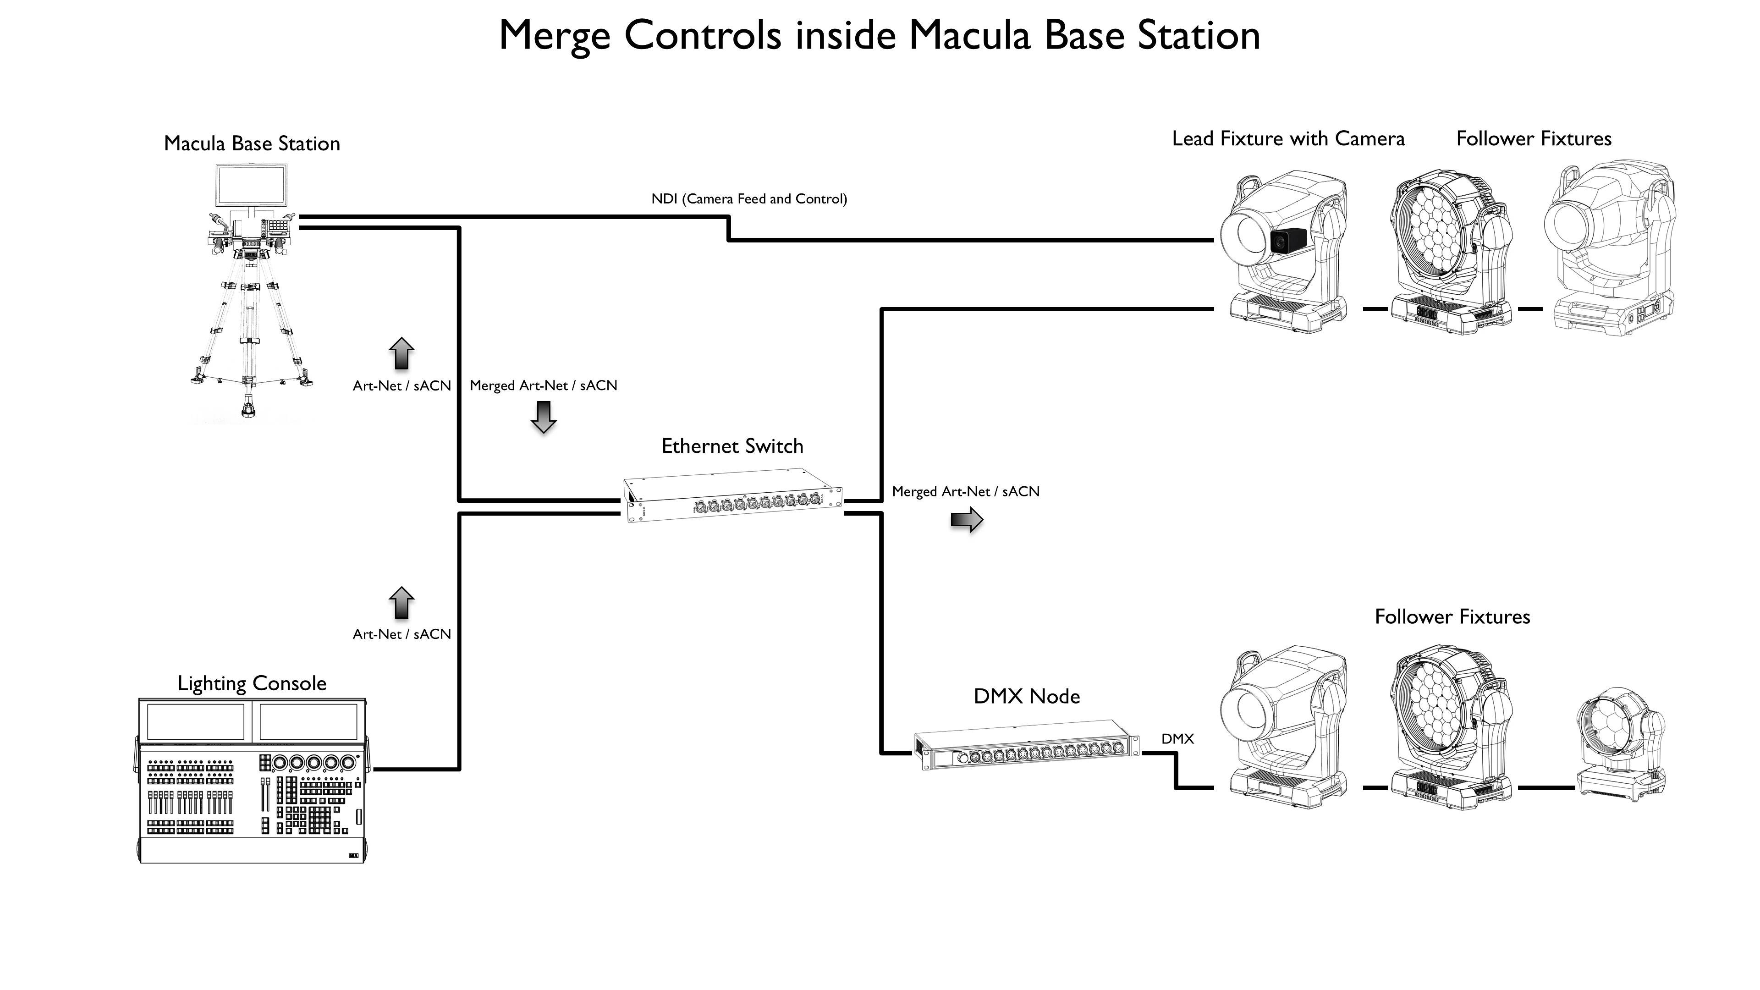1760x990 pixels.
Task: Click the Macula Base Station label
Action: (252, 143)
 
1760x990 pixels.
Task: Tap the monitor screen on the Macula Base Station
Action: (252, 185)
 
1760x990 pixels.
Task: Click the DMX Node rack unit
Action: (1027, 745)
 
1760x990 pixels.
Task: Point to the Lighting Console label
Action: (252, 683)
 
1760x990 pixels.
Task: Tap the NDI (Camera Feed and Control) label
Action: (749, 199)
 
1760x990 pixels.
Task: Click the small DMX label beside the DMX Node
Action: (1177, 738)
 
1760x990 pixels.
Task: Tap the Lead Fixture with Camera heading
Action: (1288, 139)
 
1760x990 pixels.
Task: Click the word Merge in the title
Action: (555, 36)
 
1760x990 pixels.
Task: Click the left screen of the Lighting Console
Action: (195, 721)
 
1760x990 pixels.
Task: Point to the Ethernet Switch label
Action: (732, 446)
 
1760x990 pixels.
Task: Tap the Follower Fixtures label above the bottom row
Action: (1452, 617)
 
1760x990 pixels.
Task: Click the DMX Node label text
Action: (1027, 696)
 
